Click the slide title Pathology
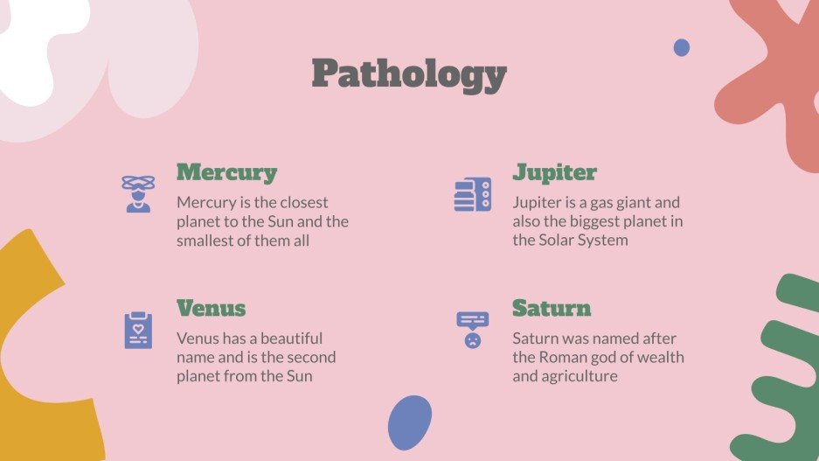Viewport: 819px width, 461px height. pos(409,74)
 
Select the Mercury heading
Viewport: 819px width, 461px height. pos(226,172)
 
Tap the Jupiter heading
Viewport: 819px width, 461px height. pos(554,172)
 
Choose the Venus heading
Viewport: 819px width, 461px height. pos(211,309)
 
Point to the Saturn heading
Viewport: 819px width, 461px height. pos(552,309)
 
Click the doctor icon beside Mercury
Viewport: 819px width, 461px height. pos(138,193)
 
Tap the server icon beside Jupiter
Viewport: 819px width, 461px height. pos(473,193)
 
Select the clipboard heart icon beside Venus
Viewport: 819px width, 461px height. pos(138,330)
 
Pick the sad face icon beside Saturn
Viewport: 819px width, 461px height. pos(473,330)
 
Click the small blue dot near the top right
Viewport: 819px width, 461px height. pos(682,47)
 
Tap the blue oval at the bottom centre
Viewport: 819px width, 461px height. pos(409,423)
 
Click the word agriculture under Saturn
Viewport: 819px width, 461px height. pos(580,376)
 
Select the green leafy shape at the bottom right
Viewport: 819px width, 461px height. pos(782,376)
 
